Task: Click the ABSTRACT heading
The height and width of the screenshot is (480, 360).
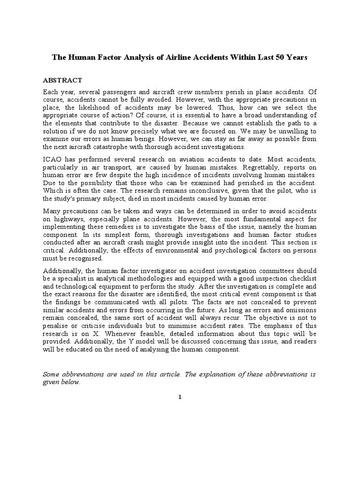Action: (62, 81)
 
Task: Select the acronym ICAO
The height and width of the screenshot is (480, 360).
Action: (52, 161)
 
